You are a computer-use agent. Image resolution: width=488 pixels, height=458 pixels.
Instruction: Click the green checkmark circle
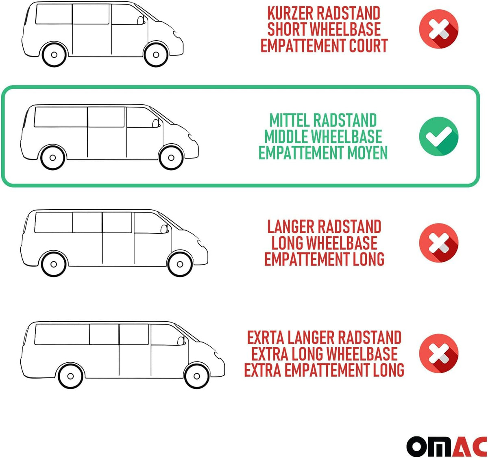click(x=439, y=136)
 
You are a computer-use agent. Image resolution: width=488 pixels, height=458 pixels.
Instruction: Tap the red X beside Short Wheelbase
click(x=439, y=29)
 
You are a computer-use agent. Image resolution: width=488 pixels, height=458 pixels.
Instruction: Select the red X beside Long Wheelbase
click(x=439, y=243)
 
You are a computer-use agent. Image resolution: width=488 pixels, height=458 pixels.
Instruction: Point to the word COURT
click(x=368, y=45)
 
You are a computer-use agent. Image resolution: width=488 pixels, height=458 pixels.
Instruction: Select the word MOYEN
click(x=367, y=153)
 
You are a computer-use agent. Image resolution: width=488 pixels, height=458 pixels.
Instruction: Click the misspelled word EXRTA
click(x=266, y=337)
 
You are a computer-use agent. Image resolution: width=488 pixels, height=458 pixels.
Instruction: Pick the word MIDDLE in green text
click(x=283, y=136)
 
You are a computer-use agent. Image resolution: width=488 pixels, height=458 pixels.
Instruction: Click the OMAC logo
click(x=447, y=446)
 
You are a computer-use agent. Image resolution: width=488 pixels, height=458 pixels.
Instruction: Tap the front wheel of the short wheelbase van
click(x=156, y=55)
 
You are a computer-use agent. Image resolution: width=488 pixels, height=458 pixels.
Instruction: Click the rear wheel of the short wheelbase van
click(x=54, y=55)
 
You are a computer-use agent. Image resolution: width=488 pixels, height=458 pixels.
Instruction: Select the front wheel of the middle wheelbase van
click(x=171, y=158)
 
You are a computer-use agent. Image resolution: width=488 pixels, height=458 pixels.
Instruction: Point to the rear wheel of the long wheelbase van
click(x=54, y=264)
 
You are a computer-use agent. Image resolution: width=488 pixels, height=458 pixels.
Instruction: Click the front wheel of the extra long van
click(x=196, y=376)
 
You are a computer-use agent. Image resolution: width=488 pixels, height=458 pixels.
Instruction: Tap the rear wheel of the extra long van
click(x=70, y=376)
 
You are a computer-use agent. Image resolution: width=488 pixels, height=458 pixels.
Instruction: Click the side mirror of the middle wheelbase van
click(x=155, y=123)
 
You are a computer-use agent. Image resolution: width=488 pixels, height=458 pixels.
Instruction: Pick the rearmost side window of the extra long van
click(x=62, y=334)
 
